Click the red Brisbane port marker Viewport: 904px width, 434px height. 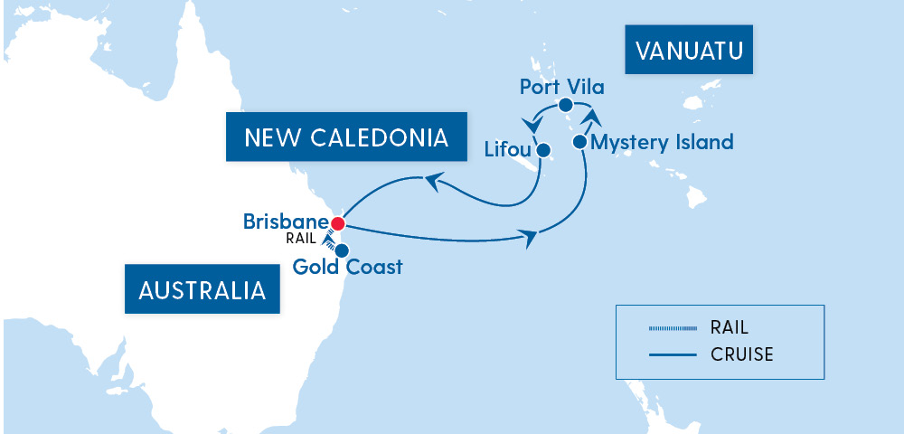click(338, 222)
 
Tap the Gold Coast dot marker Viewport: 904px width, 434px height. click(342, 250)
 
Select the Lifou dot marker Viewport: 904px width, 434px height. click(543, 151)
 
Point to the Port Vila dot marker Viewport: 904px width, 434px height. click(565, 105)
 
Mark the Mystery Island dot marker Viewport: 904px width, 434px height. click(579, 142)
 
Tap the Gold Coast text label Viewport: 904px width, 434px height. click(348, 268)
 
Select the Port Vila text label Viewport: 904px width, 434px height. click(561, 87)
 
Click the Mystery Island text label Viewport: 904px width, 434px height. click(661, 142)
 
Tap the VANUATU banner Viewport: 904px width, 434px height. click(689, 50)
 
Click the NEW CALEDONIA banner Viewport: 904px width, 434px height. click(346, 137)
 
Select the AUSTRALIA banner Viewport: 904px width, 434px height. click(202, 290)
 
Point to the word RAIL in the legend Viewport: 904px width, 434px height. click(730, 327)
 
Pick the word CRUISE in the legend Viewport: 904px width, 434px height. click(742, 354)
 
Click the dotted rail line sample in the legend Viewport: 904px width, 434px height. click(673, 328)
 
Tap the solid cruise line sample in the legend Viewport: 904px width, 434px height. click(673, 354)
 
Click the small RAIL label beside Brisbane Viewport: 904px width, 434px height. click(301, 239)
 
